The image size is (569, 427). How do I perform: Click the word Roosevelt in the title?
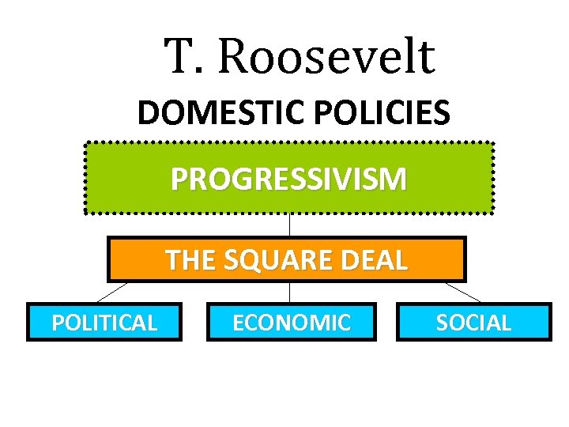coord(326,57)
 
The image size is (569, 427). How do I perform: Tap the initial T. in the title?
coord(181,57)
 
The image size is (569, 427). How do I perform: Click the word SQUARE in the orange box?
coord(285,259)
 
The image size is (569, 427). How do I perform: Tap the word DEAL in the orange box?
coord(379,259)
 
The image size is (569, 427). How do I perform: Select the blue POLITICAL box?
coord(104,323)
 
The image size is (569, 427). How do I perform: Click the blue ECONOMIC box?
coord(291,323)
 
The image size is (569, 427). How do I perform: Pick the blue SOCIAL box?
coord(473,323)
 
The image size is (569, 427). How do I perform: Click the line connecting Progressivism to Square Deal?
coord(289,225)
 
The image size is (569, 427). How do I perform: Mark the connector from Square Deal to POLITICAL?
coord(112,292)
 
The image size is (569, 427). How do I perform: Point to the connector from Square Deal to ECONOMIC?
coord(289,293)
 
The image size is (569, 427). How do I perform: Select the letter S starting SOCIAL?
coord(442,323)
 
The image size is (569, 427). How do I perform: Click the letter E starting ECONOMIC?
coord(237,323)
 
